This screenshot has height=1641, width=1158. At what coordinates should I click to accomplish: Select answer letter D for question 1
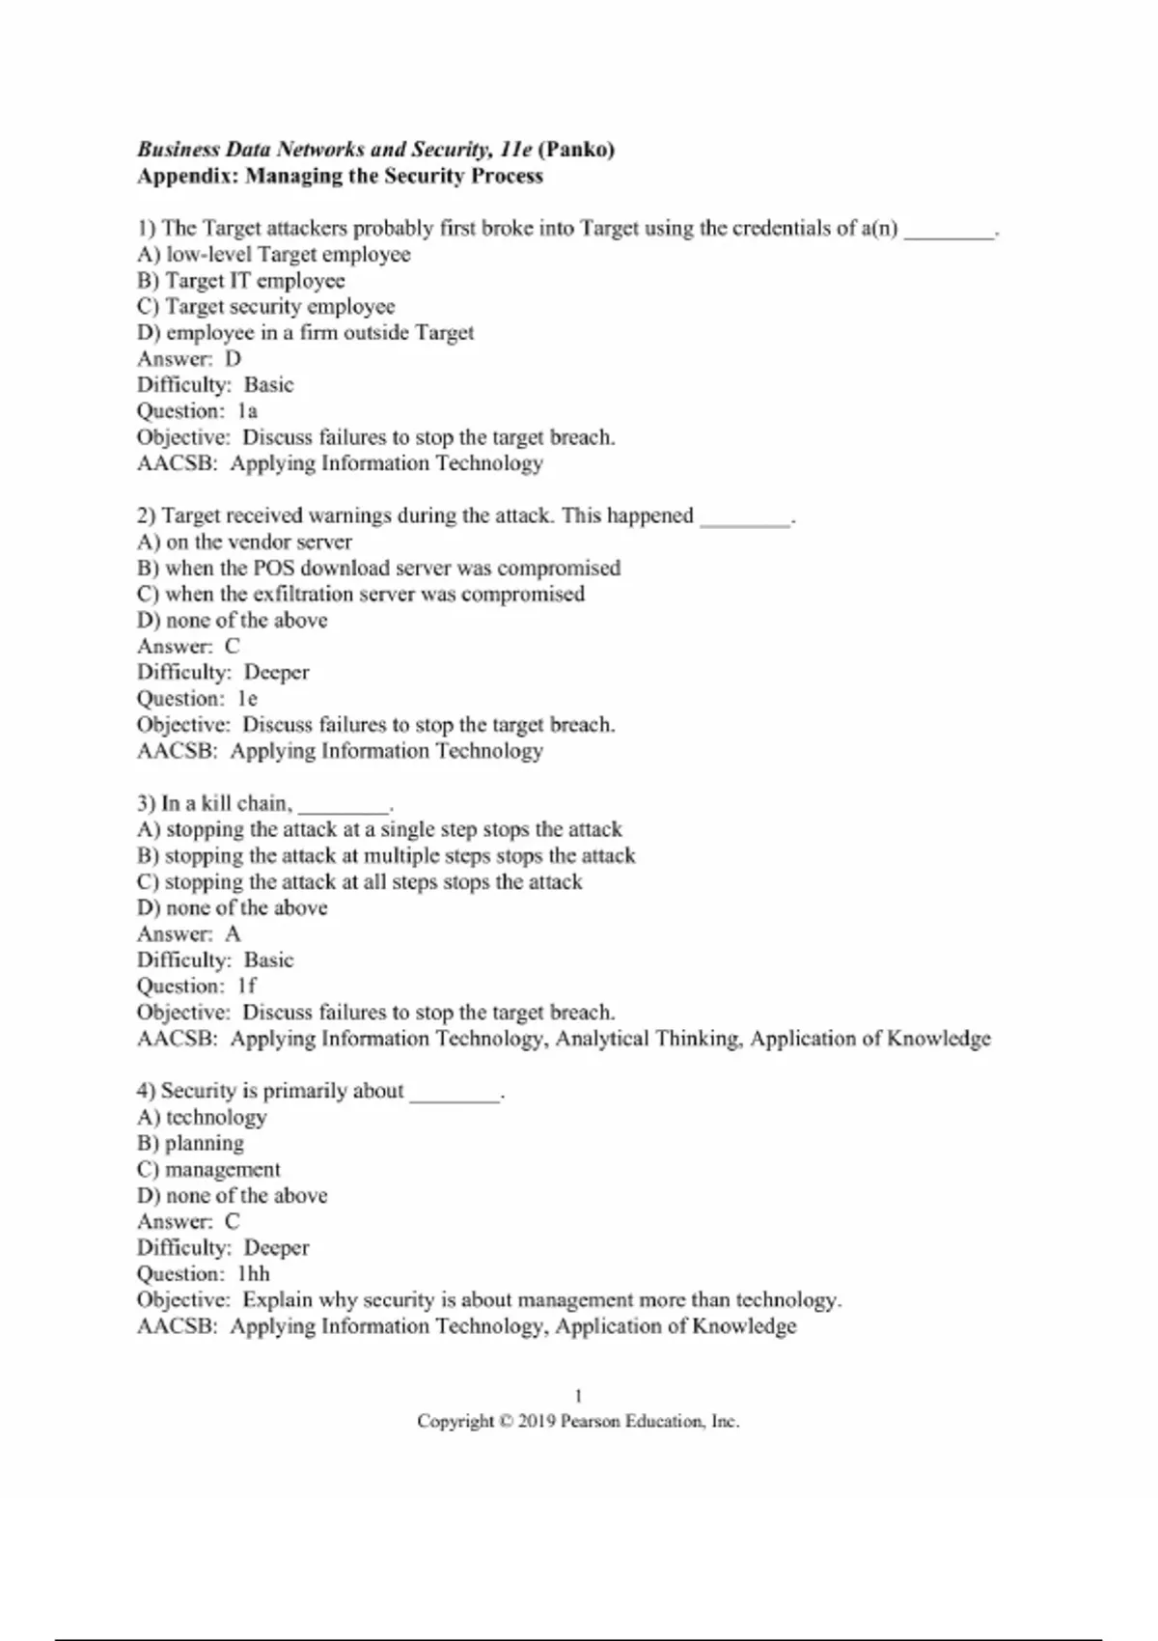click(x=233, y=359)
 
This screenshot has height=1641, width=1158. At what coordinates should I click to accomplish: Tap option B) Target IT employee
click(x=241, y=281)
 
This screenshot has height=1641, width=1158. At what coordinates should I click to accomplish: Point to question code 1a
click(x=247, y=411)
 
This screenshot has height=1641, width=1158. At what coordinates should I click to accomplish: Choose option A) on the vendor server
click(x=244, y=542)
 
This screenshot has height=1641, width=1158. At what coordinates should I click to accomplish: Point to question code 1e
click(x=247, y=699)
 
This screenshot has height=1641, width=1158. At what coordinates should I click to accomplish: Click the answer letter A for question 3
click(x=233, y=934)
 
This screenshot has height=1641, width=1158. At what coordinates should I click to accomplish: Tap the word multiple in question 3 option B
click(x=400, y=856)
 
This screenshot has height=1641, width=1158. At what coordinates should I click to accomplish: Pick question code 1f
click(x=247, y=987)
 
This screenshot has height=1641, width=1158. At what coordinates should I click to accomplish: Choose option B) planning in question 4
click(x=191, y=1144)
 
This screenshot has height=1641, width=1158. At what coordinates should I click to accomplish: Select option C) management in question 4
click(x=209, y=1170)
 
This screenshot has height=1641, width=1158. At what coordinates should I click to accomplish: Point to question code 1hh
click(x=253, y=1274)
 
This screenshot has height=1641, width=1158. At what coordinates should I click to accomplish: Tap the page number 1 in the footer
click(x=578, y=1396)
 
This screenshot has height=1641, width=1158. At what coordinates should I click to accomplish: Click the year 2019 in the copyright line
click(x=537, y=1422)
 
